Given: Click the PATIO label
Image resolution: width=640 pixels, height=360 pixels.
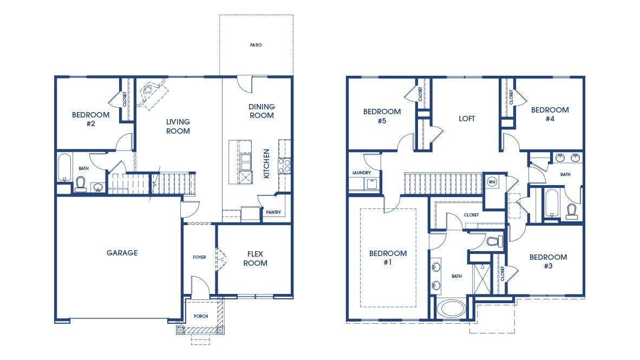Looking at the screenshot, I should coord(256,45).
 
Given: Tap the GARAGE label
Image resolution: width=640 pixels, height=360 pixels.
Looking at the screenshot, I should coord(122,253).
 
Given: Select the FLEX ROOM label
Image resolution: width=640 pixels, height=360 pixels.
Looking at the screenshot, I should coord(255,259).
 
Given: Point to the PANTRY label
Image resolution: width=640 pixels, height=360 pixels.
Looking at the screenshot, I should coord(273,212).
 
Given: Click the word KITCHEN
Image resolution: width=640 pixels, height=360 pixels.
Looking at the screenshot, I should coord(266,164).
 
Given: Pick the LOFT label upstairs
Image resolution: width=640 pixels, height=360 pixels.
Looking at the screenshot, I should coord(467,119).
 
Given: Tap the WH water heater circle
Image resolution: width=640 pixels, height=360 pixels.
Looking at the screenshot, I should coord(492,181).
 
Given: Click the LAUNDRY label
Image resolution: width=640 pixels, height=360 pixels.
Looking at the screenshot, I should coord(361,173).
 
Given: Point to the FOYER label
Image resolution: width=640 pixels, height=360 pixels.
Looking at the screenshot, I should coord(199,257).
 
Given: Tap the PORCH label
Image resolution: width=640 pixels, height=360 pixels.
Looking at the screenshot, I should coord(201,316).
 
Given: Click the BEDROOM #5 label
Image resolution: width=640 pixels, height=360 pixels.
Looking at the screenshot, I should coord(382,116).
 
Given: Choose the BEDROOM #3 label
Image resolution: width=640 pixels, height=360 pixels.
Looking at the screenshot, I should coord(548,261).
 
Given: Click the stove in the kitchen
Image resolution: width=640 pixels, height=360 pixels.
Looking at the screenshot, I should coord(285,165).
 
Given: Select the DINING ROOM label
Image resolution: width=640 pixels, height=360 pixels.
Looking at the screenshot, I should coord(262,111).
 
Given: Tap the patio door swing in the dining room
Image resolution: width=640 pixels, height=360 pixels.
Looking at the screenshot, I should coord(245,83).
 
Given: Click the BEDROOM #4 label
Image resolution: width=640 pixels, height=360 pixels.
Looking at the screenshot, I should coord(550,115).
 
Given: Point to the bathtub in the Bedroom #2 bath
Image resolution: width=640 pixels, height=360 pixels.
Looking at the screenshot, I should coord(64,168).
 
